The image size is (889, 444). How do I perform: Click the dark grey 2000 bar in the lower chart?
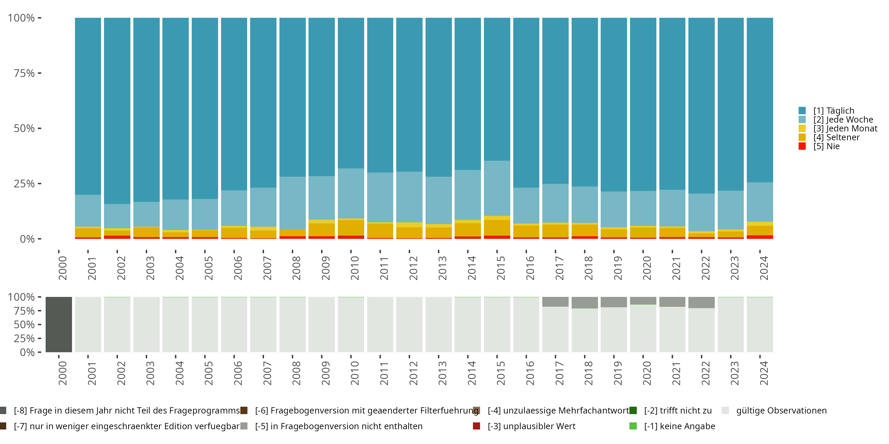click(59, 324)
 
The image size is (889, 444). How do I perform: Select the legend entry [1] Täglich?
click(833, 111)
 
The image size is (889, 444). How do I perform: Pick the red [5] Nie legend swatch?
click(802, 146)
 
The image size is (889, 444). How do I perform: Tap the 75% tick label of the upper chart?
click(24, 73)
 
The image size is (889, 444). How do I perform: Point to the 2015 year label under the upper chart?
click(501, 268)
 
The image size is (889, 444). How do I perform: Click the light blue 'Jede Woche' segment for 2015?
click(497, 188)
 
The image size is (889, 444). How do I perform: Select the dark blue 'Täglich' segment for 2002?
click(117, 110)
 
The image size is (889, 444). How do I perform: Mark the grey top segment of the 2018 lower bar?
click(585, 302)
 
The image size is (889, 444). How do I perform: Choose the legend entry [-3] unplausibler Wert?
click(531, 426)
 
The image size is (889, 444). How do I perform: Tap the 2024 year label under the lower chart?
click(764, 373)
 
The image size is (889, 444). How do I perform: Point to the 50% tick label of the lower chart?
click(24, 325)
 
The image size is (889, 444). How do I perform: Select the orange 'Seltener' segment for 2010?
click(351, 228)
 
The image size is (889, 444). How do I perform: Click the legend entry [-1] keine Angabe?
click(679, 426)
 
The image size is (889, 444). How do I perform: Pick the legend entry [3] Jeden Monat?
click(845, 128)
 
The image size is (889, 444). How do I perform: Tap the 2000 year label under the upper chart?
click(63, 268)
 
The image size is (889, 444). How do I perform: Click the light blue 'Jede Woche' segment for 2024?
click(760, 202)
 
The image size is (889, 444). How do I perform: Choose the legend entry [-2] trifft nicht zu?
click(678, 411)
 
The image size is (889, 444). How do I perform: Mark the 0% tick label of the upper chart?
click(27, 239)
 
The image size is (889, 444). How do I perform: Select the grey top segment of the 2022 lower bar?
click(701, 302)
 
